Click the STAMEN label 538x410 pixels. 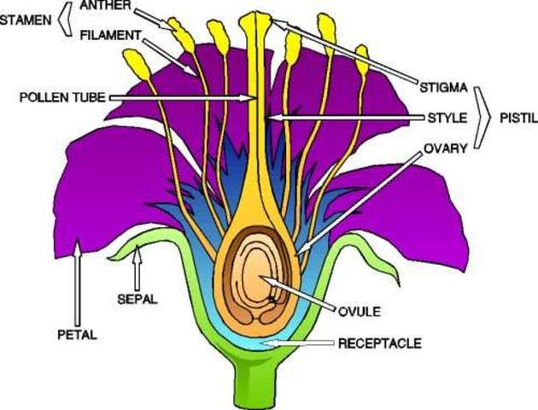[26, 17]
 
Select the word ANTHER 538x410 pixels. [106, 7]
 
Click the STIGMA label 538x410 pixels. [443, 87]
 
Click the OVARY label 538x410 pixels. [445, 148]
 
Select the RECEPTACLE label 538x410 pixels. [380, 343]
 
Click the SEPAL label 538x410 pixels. [135, 300]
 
